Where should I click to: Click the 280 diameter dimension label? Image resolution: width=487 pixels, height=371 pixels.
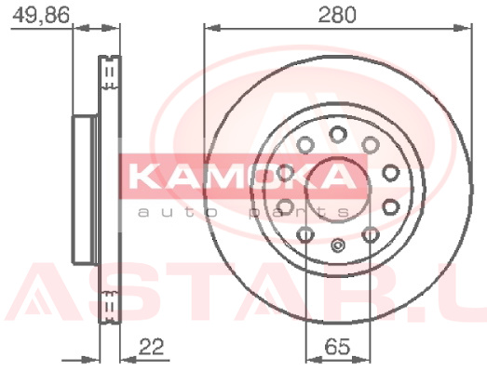coord(337,15)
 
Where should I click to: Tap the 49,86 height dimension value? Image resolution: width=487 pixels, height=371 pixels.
coord(41,15)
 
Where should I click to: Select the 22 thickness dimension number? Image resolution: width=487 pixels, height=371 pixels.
coord(151,347)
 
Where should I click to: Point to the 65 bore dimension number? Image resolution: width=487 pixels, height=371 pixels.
coord(337,347)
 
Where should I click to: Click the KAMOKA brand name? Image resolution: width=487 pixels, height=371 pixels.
coord(242,176)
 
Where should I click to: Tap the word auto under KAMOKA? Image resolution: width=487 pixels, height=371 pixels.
coord(177,213)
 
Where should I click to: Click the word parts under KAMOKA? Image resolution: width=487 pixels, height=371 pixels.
coord(299,213)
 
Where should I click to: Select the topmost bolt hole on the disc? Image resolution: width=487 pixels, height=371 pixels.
coord(338,134)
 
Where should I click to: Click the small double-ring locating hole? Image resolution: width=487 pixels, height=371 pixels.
coord(338,245)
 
